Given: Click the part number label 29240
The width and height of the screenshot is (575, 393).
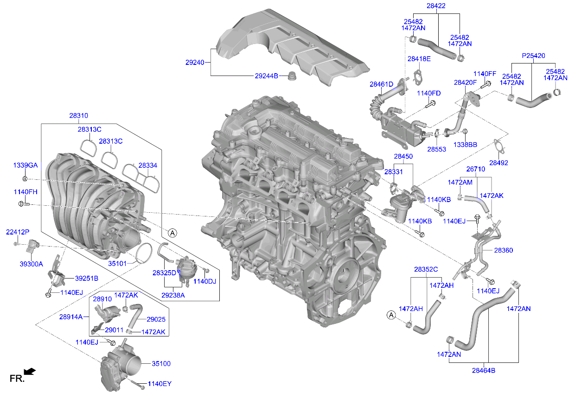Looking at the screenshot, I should pyautogui.click(x=194, y=62).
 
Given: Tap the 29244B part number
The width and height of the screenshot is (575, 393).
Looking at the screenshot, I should pyautogui.click(x=266, y=76).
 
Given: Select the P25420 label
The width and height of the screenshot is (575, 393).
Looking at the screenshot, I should pyautogui.click(x=533, y=56).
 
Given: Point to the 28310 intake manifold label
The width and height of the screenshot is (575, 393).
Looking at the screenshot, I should pyautogui.click(x=79, y=115).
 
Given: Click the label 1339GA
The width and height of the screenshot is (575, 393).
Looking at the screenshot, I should pyautogui.click(x=26, y=165).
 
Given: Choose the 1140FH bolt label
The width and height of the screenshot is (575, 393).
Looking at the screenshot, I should pyautogui.click(x=26, y=191).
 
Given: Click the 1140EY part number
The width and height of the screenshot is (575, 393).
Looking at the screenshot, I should pyautogui.click(x=160, y=384).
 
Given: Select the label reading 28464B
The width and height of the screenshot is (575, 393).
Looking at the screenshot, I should pyautogui.click(x=484, y=370).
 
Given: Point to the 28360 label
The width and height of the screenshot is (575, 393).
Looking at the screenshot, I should pyautogui.click(x=503, y=250).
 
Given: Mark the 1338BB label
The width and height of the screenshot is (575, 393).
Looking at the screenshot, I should pyautogui.click(x=465, y=145).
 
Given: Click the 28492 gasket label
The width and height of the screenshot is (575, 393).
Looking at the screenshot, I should pyautogui.click(x=498, y=163).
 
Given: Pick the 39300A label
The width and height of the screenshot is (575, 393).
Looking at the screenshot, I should pyautogui.click(x=31, y=264).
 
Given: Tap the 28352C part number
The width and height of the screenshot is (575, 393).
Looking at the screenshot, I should pyautogui.click(x=426, y=269).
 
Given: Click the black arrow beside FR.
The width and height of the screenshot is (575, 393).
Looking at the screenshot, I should pyautogui.click(x=30, y=371).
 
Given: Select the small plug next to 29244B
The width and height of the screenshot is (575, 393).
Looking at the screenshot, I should pyautogui.click(x=292, y=76).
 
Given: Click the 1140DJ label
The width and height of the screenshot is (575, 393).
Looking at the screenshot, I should pyautogui.click(x=204, y=281).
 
